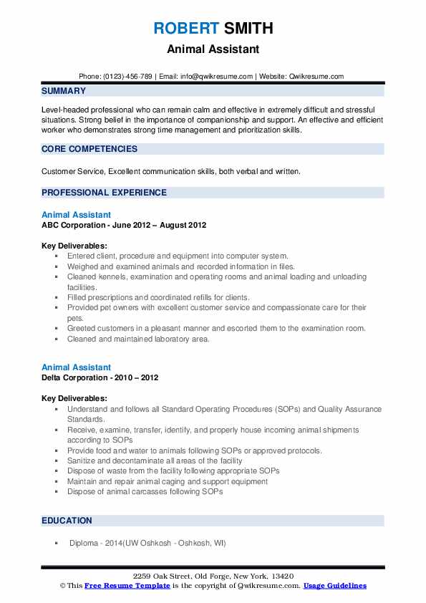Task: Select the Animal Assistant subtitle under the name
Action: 213,49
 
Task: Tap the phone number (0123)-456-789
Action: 130,76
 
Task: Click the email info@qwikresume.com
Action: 217,76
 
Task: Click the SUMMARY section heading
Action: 64,91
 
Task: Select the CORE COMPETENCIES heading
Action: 89,149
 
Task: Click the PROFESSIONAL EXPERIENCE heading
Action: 104,193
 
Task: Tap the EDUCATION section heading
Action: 67,521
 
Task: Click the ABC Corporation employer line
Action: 124,225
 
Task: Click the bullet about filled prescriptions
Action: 158,297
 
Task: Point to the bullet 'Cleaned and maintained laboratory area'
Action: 138,339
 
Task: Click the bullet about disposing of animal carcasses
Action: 145,491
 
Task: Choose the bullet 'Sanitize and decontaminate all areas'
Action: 155,460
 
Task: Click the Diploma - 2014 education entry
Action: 147,543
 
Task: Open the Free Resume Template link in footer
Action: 127,586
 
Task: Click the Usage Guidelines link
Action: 334,586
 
